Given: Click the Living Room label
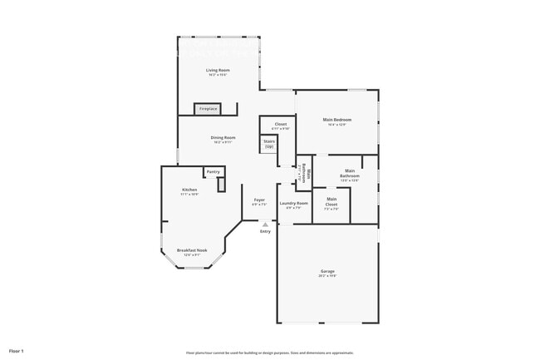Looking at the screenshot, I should pos(218,70).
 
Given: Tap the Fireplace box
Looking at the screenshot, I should pos(208,109).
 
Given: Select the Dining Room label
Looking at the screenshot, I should pos(223,137).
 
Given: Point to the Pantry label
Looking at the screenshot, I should pos(213,171).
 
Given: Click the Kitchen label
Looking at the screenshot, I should pos(189,190).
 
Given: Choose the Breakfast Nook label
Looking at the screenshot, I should pos(192,249).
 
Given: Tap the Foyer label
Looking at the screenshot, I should pos(259,200).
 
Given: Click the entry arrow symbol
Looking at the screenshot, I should pos(265,224).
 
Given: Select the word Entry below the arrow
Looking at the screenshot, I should pos(265,231).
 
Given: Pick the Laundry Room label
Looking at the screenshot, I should pos(293,203).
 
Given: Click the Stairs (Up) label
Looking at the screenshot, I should pos(269,144).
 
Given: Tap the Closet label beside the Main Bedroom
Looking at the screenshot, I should pos(281,124).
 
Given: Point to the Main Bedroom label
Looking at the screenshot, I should pos(336,119).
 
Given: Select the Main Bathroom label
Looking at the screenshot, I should pos(350,174).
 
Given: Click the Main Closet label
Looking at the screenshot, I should pos(331,200).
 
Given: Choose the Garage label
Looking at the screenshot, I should pos(327,271).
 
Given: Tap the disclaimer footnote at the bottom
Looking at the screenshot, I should pos(269,353).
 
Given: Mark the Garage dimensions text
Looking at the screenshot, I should pos(327,276).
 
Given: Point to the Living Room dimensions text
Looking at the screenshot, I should pos(218,75).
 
